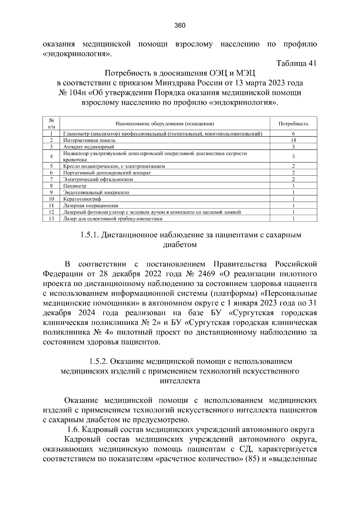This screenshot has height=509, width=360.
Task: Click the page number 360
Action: pos(180,25)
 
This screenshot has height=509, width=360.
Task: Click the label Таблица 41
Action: pos(296,64)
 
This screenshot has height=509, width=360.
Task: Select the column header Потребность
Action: pos(293,124)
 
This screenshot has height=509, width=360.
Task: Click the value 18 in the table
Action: pos(293,140)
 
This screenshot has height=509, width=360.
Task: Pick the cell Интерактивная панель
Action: pos(89,140)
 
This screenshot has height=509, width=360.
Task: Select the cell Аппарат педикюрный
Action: pos(88,147)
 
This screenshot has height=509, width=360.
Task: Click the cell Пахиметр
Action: pos(75,186)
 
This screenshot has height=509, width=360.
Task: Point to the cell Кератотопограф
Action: pos(82,199)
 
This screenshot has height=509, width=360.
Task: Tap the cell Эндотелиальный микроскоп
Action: pos(96,192)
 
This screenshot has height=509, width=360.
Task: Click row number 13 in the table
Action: pos(51,219)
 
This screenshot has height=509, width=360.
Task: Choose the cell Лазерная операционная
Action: pos(91,206)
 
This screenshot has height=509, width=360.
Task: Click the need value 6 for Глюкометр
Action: pos(293,134)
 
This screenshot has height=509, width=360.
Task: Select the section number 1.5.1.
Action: pos(89,235)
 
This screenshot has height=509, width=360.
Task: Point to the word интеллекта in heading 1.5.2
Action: pos(180,381)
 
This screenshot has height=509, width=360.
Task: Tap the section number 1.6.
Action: pos(73,430)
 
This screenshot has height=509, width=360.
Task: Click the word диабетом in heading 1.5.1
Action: pos(180,245)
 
